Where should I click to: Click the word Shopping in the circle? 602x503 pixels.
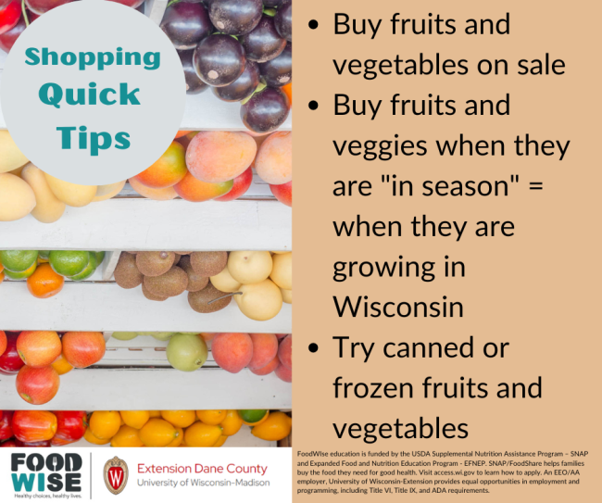[x=93, y=58]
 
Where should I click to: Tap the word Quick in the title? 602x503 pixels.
[x=89, y=94]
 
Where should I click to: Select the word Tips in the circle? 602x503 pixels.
[x=94, y=140]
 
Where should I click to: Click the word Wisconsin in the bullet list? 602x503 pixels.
[x=398, y=307]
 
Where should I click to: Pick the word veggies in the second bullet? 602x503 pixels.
[x=380, y=147]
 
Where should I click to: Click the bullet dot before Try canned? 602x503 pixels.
[x=314, y=347]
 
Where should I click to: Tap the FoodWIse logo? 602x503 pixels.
[x=46, y=475]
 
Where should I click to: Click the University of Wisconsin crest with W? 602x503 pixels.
[x=116, y=475]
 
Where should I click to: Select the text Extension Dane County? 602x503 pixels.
[x=202, y=469]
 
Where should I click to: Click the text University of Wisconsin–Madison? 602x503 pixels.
[x=204, y=483]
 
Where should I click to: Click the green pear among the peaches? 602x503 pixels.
[x=187, y=352]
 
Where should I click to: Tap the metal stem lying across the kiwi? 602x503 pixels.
[x=225, y=297]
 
